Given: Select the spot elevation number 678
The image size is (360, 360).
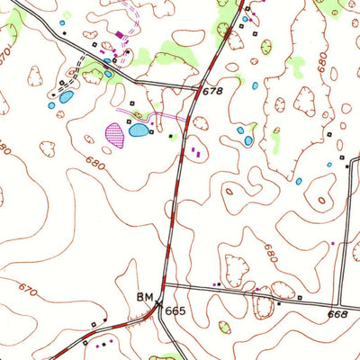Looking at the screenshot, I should [x=211, y=91].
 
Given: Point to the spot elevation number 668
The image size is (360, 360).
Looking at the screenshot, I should [x=337, y=314].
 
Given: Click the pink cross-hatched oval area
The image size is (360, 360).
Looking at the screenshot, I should [x=115, y=135].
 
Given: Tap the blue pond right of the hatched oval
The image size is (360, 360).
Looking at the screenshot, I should [x=139, y=130].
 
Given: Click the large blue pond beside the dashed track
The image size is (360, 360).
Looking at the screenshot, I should [x=67, y=96].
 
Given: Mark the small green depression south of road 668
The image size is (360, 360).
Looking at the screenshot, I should [x=225, y=328].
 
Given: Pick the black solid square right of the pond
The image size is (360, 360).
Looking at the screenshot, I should [x=173, y=136].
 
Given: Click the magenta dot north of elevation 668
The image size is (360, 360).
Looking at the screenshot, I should [x=332, y=243].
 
